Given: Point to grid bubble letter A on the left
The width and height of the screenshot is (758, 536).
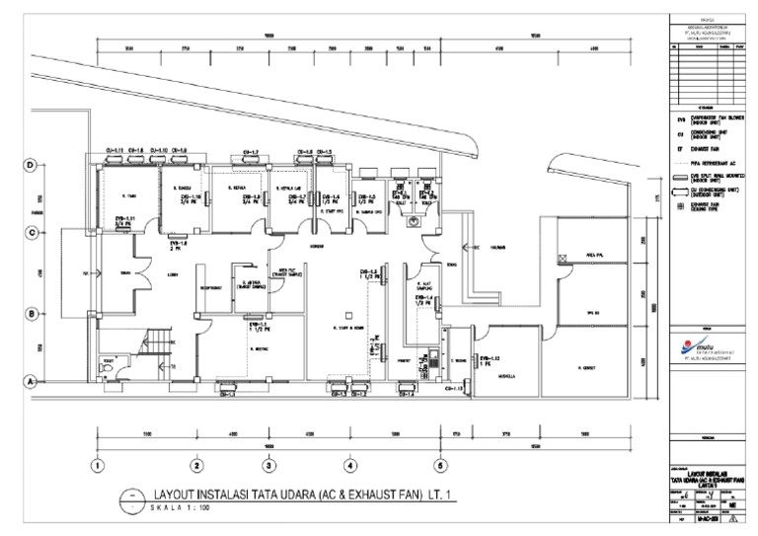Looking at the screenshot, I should coord(30,380).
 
